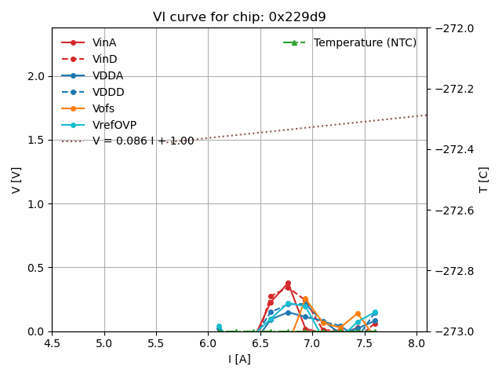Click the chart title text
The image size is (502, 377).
pyautogui.click(x=239, y=17)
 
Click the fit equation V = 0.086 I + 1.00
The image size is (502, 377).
pyautogui.click(x=143, y=141)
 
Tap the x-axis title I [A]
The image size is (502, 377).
pyautogui.click(x=239, y=359)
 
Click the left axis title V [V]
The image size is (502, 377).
pyautogui.click(x=16, y=180)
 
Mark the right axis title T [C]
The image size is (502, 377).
pyautogui.click(x=484, y=180)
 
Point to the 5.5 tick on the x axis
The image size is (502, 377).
pyautogui.click(x=156, y=343)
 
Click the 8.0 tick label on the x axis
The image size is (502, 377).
pyautogui.click(x=416, y=343)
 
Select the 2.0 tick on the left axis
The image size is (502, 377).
pyautogui.click(x=36, y=76)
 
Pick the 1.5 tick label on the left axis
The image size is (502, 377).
pyautogui.click(x=36, y=140)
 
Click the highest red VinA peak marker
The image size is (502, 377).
pyautogui.click(x=288, y=284)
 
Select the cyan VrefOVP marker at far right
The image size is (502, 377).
pyautogui.click(x=375, y=313)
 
